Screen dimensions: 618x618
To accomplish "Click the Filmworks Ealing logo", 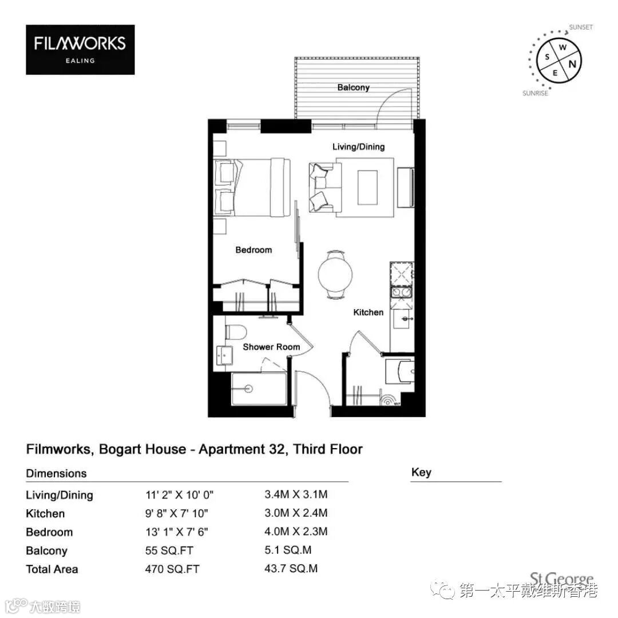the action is click(x=80, y=50).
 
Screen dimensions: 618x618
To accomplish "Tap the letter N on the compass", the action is click(x=572, y=64).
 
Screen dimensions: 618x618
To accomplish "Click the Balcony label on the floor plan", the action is click(x=353, y=88).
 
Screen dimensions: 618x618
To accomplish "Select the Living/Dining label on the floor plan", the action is click(x=358, y=146).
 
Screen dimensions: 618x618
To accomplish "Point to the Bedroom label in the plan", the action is click(x=253, y=250).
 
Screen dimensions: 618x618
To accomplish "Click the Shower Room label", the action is click(x=271, y=347).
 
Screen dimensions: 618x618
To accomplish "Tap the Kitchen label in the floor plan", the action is click(x=368, y=312).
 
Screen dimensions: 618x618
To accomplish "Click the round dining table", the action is click(x=335, y=274).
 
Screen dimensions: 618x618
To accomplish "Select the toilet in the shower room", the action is click(x=236, y=332).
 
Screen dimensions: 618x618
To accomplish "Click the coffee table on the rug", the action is click(x=367, y=187).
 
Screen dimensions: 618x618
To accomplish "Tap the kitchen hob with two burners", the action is click(x=401, y=292).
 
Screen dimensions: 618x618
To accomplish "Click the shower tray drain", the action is click(x=248, y=389).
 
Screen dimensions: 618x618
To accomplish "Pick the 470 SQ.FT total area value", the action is click(x=172, y=569).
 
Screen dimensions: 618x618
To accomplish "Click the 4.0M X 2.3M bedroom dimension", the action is click(x=296, y=531).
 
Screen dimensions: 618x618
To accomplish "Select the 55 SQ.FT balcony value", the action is click(x=169, y=550).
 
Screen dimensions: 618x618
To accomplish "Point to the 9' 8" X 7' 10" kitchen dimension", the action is click(x=177, y=513).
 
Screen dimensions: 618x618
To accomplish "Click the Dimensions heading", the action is click(x=56, y=473).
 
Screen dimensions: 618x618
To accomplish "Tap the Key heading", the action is click(x=421, y=472).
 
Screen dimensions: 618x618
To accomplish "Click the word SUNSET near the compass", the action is click(x=581, y=27).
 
